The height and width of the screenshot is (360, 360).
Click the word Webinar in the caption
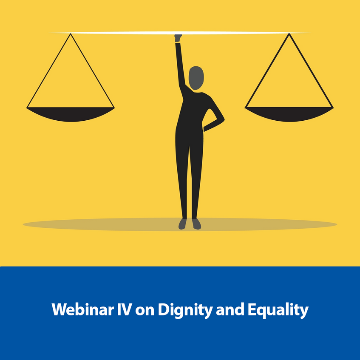coord(82,309)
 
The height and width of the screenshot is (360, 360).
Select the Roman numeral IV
coord(125,309)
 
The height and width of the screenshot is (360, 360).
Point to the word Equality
coord(278,310)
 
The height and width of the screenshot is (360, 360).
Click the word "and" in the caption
coord(230,309)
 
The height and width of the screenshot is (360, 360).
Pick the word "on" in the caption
coord(145,311)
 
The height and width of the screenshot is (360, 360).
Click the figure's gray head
coord(196,78)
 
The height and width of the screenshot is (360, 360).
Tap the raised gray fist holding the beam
coord(178,38)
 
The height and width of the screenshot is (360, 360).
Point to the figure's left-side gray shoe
coord(182,224)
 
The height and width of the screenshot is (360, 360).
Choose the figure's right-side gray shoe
coord(196,224)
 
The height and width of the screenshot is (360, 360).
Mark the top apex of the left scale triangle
coord(71,34)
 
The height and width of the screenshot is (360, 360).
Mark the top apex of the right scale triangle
coord(289,34)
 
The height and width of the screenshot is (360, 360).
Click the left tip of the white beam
coord(49,33)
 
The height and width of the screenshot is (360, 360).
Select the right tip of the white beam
coord(311,33)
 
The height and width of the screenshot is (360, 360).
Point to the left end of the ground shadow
coord(23,224)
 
